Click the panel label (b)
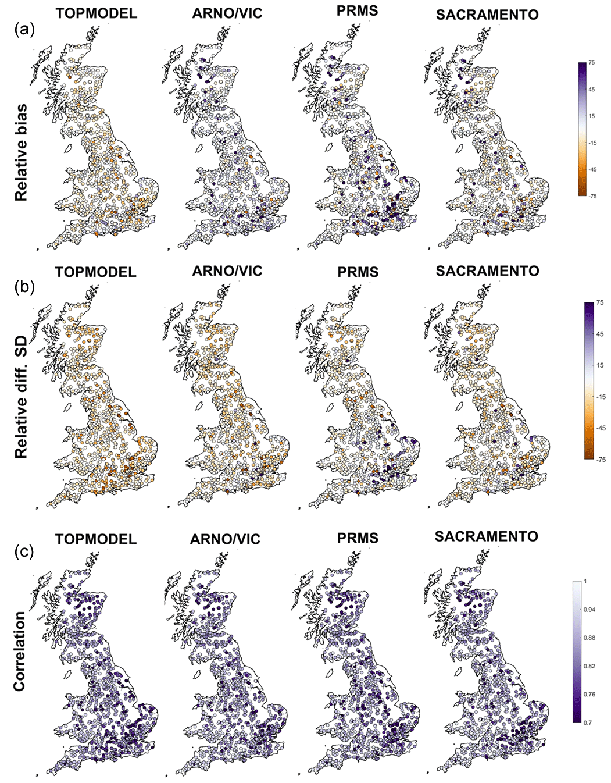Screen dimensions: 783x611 click(25, 287)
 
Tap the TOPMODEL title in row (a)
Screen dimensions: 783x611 click(97, 13)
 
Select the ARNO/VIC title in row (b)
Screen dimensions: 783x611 click(227, 271)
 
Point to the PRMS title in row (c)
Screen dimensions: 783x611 click(358, 538)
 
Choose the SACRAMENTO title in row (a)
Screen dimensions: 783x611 click(487, 15)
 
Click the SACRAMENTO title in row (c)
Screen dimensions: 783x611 click(486, 536)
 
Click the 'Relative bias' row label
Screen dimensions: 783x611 click(21, 152)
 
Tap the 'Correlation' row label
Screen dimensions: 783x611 click(20, 651)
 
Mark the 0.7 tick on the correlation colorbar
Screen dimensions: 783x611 click(588, 723)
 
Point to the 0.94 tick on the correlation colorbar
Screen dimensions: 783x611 click(589, 610)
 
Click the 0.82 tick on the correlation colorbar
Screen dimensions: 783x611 click(589, 666)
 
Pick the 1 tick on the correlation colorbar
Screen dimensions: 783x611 click(585, 582)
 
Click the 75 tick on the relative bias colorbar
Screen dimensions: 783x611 click(591, 63)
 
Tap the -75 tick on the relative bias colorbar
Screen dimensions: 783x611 click(592, 196)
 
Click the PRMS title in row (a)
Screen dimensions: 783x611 click(357, 10)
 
